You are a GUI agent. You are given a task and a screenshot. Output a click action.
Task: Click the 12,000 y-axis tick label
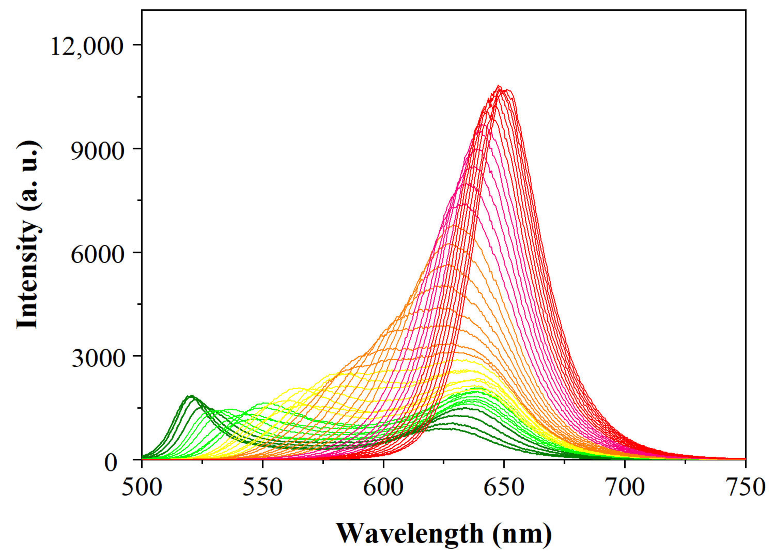(87, 47)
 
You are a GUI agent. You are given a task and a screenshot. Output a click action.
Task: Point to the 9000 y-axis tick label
(97, 150)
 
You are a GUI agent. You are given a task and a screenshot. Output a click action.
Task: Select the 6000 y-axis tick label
(97, 254)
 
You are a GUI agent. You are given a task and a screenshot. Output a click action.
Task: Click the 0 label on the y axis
(111, 463)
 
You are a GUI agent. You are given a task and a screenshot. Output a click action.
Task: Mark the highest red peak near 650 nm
(499, 86)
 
